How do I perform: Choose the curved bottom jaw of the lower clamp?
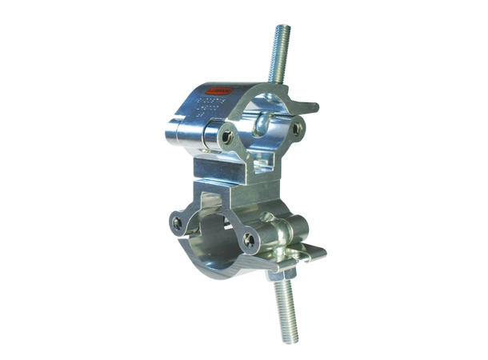(232, 264)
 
